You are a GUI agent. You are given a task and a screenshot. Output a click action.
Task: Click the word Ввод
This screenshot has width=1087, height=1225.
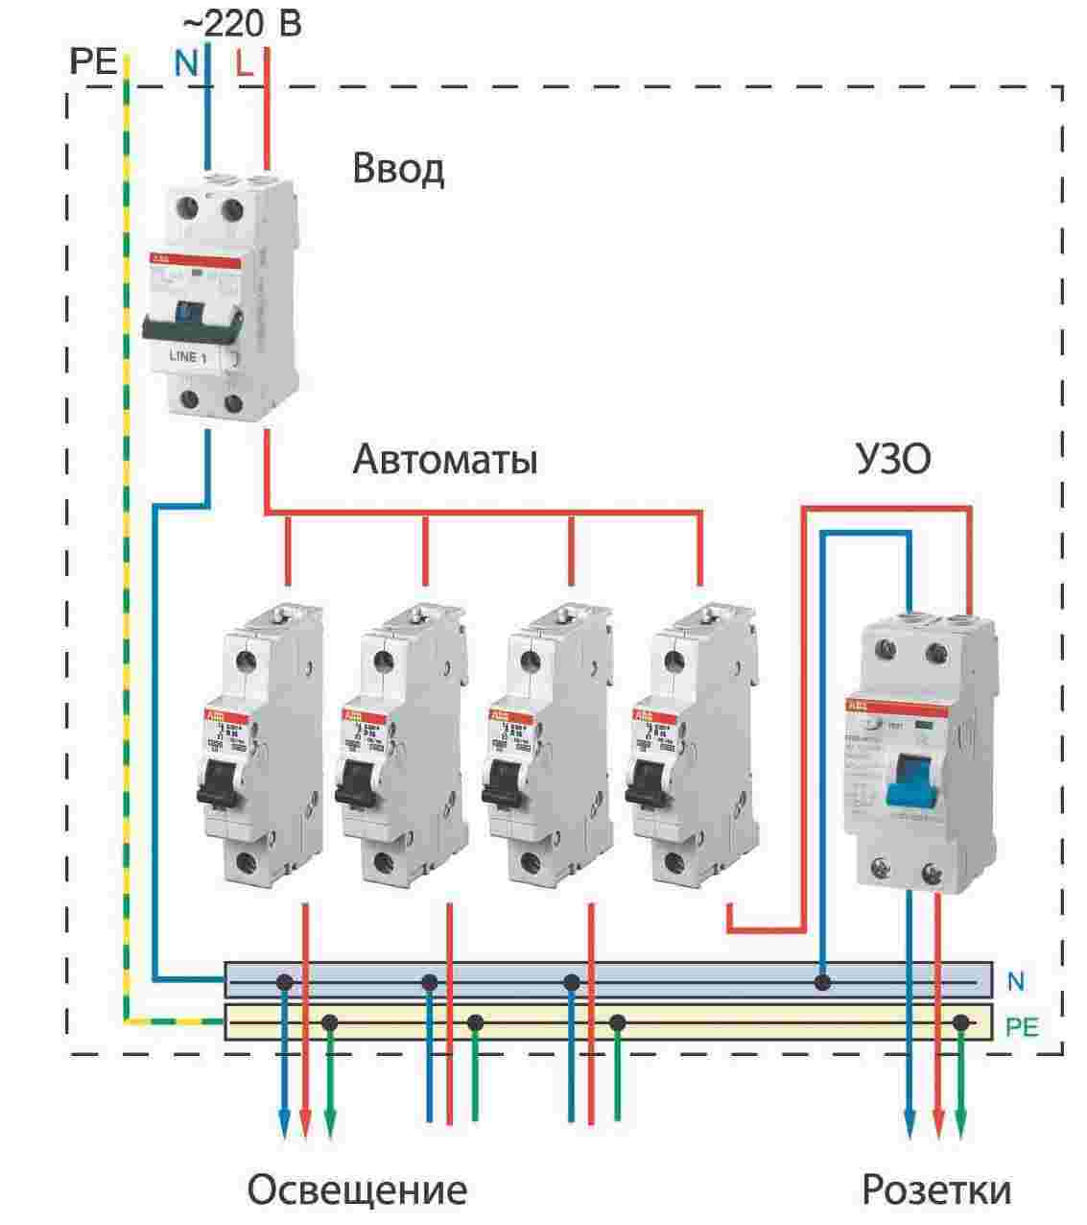(x=398, y=169)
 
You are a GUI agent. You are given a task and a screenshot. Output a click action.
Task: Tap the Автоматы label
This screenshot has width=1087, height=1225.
(x=444, y=460)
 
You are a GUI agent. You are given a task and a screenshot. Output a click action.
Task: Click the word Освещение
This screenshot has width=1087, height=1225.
(x=357, y=1190)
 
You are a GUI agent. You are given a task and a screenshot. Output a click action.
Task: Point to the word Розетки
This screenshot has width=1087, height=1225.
(x=935, y=1190)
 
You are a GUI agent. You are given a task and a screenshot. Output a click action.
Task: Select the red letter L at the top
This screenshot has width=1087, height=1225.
(x=244, y=64)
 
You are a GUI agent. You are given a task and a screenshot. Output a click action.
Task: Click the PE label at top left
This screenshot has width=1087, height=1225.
(x=93, y=64)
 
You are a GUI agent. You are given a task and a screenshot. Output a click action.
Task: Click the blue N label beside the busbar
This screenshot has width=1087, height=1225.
(x=1016, y=981)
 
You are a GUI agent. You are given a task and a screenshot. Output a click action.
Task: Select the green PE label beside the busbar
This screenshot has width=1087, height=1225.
(x=1022, y=1027)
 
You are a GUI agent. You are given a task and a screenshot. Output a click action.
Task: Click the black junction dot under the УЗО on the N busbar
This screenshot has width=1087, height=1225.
(x=822, y=982)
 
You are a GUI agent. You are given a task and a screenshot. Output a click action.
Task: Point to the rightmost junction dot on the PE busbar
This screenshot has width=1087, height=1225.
(x=960, y=1023)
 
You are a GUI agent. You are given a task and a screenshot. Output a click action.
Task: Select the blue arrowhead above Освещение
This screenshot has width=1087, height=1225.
(x=284, y=1121)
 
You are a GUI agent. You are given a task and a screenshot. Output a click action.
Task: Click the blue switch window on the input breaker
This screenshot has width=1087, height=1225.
(x=189, y=311)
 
